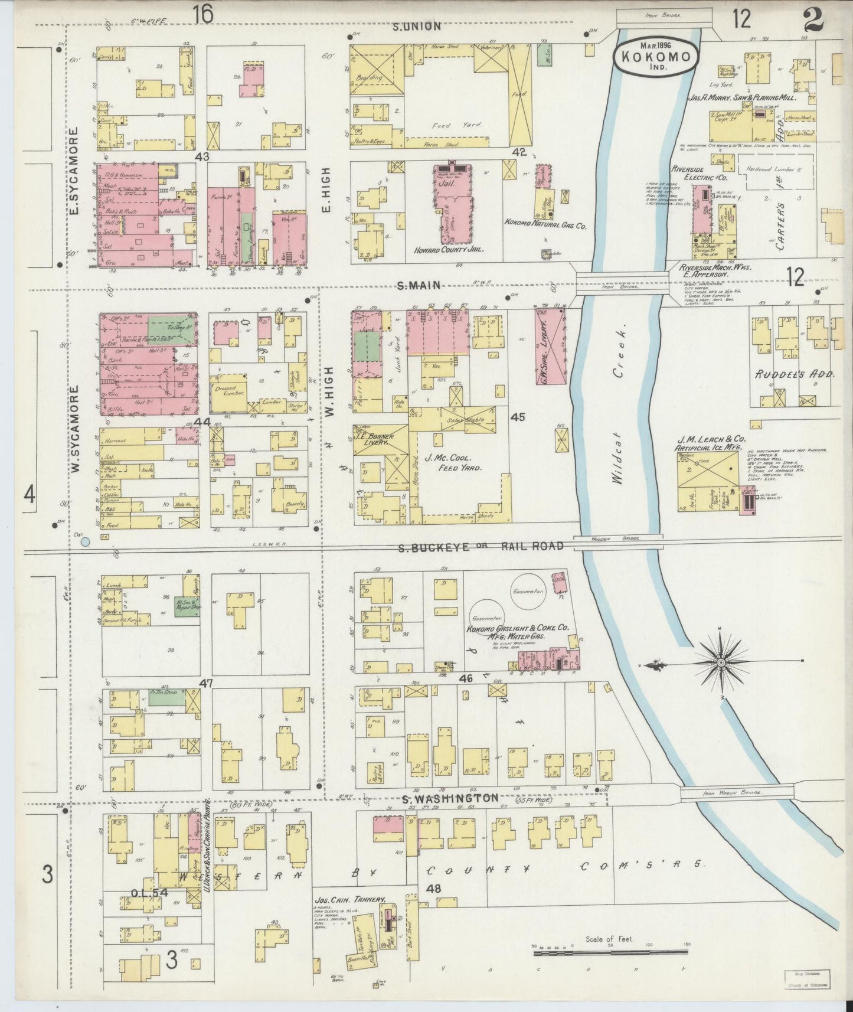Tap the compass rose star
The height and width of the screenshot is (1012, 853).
[x=720, y=663]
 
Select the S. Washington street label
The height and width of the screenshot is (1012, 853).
[x=450, y=798]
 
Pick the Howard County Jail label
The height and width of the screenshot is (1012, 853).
[x=449, y=250]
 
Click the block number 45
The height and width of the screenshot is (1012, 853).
[x=518, y=417]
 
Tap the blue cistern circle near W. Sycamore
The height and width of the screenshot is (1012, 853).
[x=86, y=541]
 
